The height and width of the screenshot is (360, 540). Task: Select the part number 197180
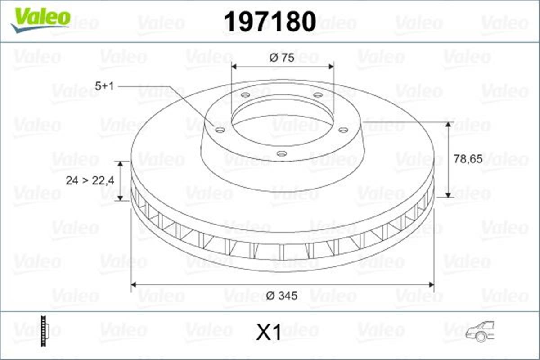tap(270, 21)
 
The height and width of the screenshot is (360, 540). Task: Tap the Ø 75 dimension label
tap(282, 58)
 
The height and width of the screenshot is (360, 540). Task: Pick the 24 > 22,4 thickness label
tap(90, 180)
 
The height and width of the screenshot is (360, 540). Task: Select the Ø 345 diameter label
tap(282, 296)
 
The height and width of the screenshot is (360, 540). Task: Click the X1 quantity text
tap(269, 333)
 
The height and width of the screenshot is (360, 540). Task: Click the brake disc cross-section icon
tap(44, 332)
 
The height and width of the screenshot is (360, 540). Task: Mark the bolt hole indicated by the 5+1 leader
tap(220, 130)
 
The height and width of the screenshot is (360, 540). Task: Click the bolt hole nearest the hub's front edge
tap(282, 154)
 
